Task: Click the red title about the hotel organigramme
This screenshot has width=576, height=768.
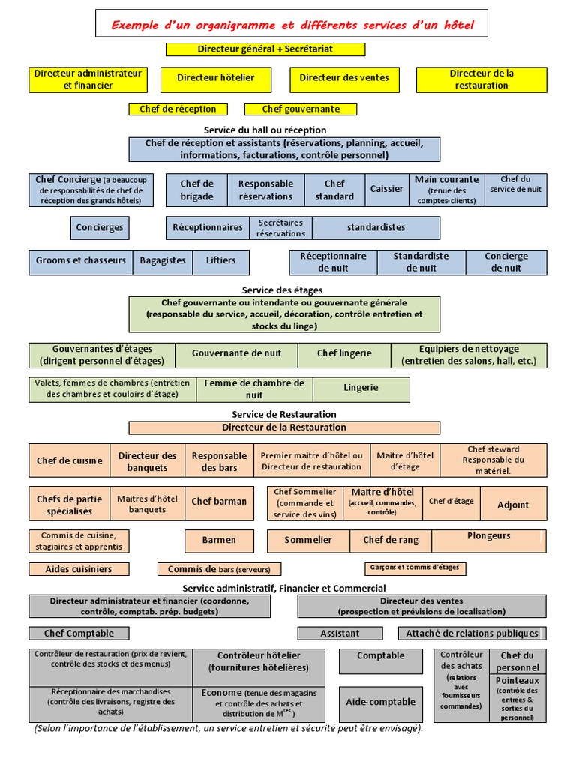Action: (292, 25)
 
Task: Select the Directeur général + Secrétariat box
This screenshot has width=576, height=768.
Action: (265, 49)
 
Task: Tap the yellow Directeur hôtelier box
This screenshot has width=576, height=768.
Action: (216, 78)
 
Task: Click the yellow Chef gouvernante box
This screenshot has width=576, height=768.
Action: (301, 109)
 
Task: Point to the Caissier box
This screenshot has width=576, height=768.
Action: (387, 190)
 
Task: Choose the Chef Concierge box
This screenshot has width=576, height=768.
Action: (91, 190)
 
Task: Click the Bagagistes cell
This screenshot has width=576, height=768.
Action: (163, 261)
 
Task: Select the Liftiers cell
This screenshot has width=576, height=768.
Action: (220, 261)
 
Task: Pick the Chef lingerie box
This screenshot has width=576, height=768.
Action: (344, 354)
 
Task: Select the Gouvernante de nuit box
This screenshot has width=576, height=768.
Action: (237, 354)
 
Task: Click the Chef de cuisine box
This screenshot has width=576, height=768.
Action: (70, 461)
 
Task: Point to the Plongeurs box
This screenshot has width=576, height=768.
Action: (489, 537)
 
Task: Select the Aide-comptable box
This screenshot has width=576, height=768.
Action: (380, 703)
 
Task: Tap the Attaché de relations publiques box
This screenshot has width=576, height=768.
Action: (472, 634)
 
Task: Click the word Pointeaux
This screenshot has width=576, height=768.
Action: (517, 681)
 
